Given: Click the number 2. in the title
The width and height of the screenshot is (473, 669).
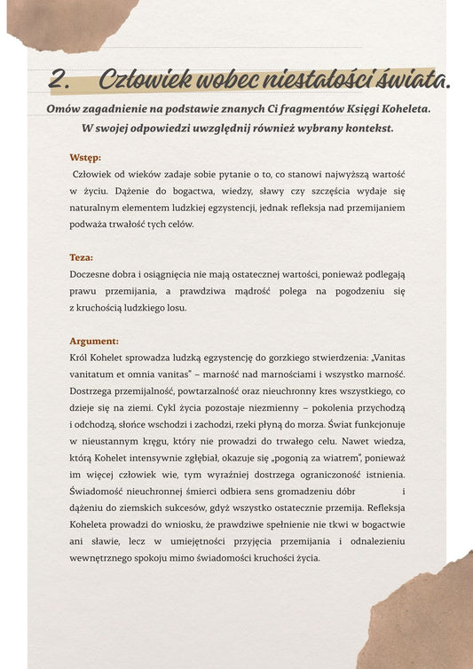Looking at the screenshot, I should pyautogui.click(x=60, y=79).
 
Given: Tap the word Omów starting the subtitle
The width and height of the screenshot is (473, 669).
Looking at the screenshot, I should pyautogui.click(x=65, y=108).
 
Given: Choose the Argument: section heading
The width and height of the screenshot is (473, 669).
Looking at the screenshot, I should pyautogui.click(x=94, y=341).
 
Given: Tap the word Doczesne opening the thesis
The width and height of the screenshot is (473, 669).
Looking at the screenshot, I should pyautogui.click(x=92, y=274).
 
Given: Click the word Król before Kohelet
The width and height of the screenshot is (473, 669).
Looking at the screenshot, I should pyautogui.click(x=81, y=358).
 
